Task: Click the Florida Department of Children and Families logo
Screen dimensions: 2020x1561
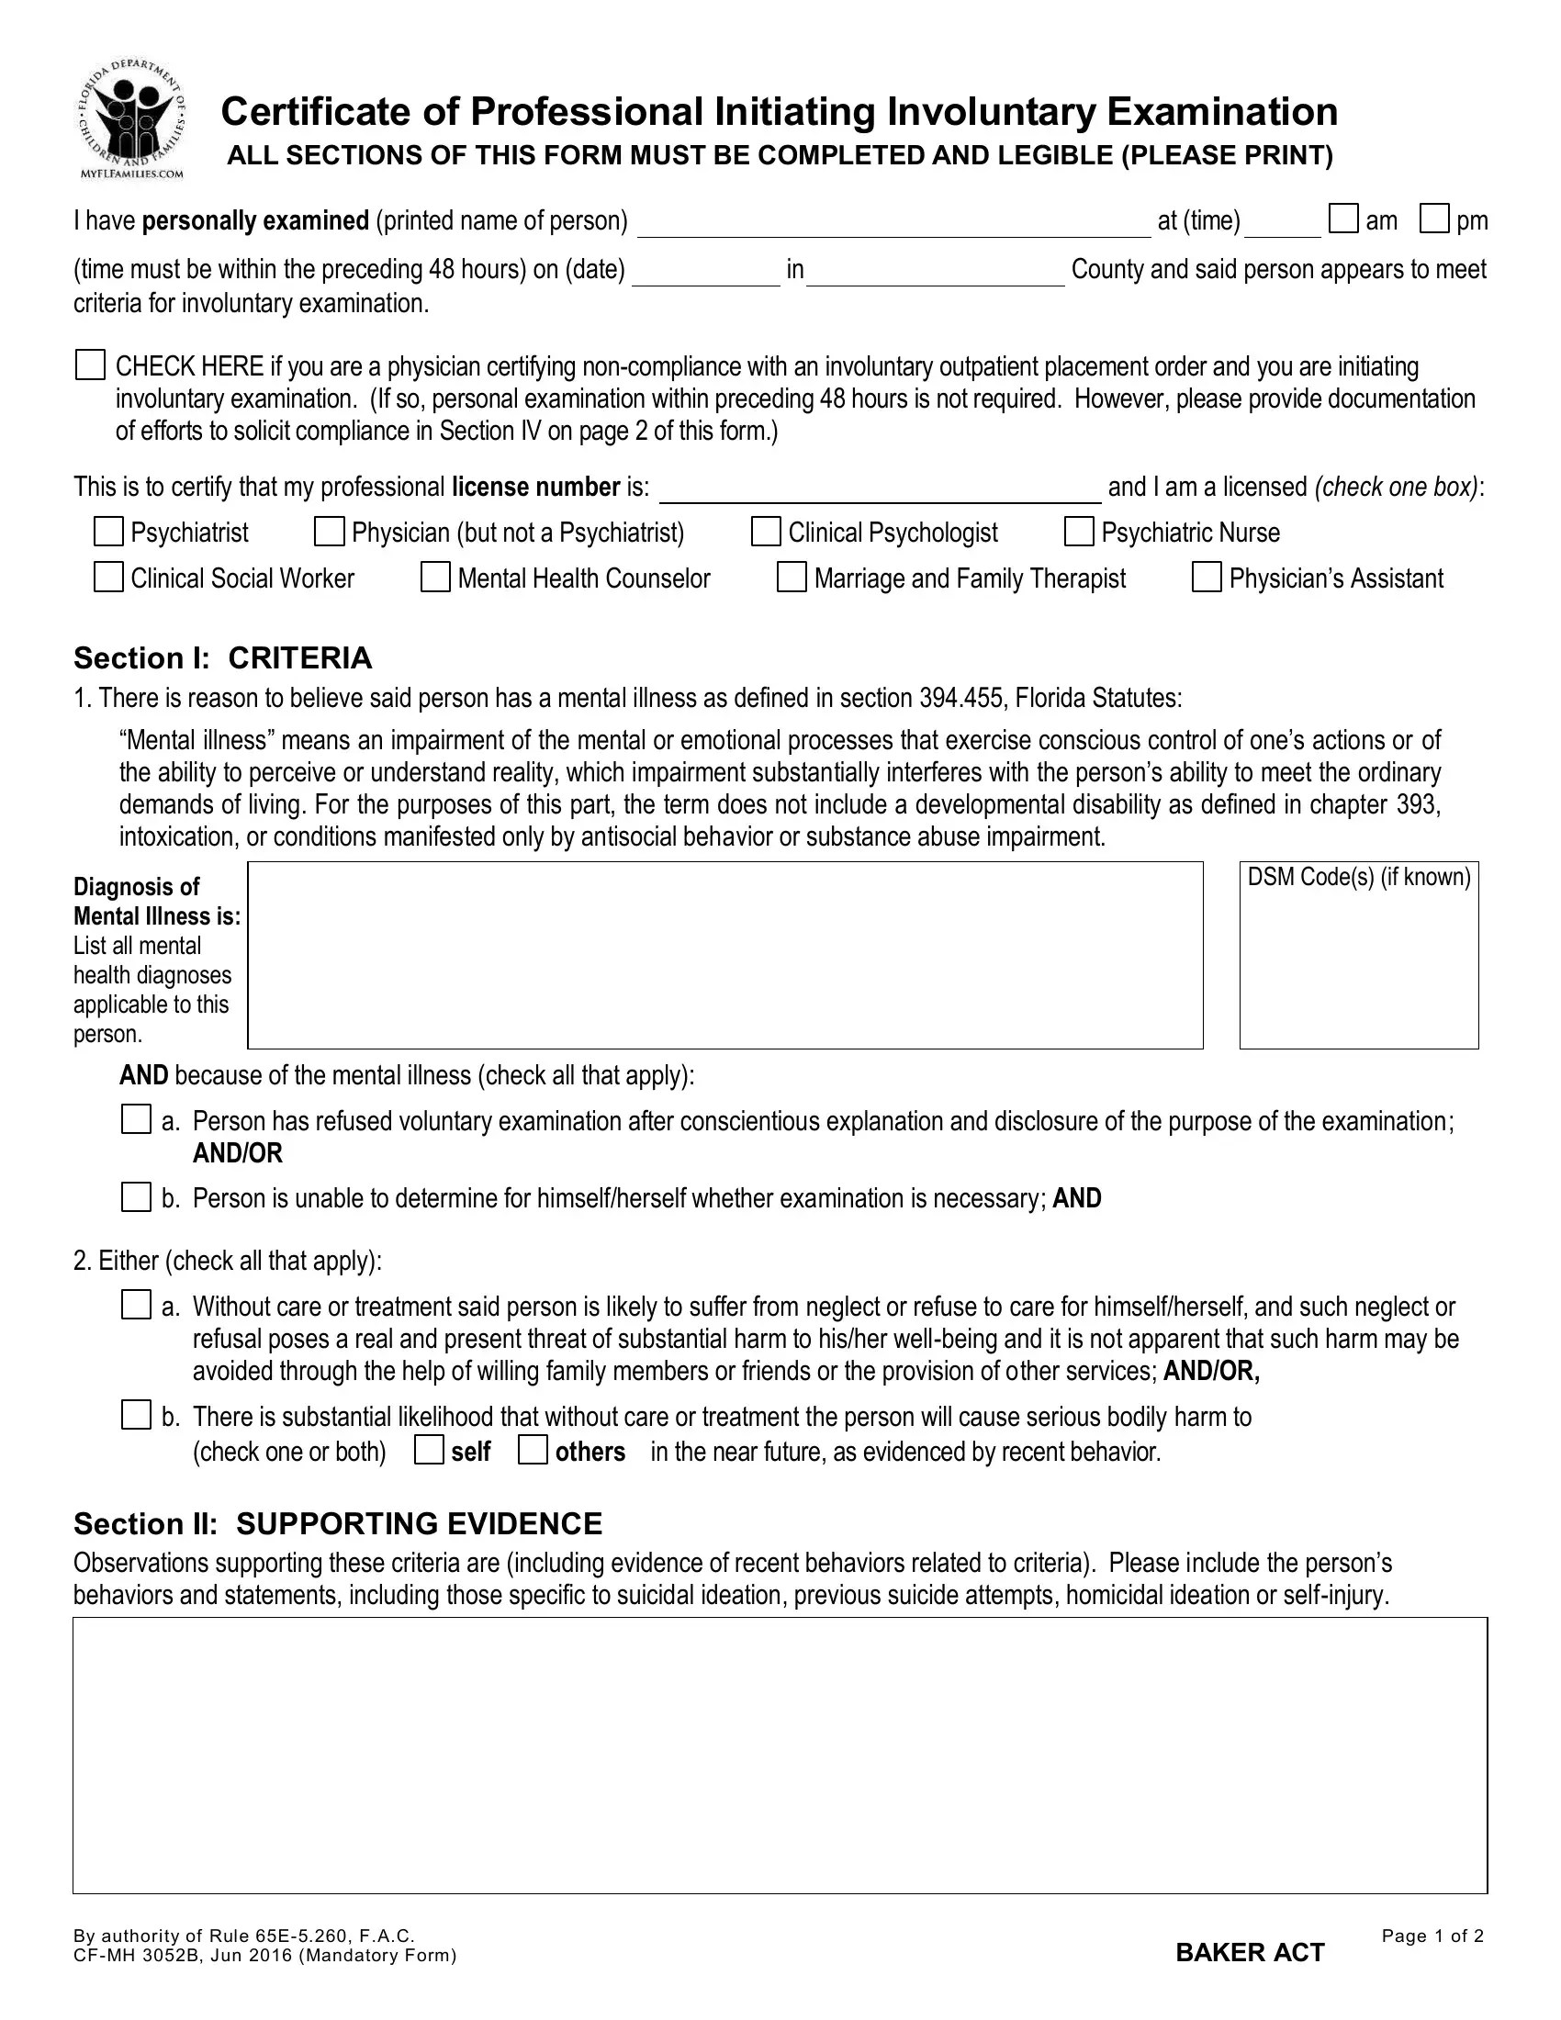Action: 132,119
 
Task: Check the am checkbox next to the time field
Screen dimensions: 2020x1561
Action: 1342,219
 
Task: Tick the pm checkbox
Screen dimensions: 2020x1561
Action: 1434,219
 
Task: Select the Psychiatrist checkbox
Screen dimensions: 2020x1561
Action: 108,532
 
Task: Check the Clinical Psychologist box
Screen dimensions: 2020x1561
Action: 766,532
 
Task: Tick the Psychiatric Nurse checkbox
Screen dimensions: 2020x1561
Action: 1079,532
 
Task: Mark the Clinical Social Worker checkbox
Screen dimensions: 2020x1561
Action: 108,578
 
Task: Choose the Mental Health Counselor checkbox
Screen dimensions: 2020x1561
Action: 434,578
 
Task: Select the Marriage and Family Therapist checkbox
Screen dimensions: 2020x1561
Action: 792,578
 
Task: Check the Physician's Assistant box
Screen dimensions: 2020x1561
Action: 1206,578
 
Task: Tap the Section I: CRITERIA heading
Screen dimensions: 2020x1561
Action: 223,657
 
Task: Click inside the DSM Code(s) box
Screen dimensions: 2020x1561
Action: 1357,971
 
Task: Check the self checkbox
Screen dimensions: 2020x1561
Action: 429,1449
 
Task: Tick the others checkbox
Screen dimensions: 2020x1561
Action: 533,1449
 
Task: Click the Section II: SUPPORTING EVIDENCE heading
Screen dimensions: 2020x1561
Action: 338,1523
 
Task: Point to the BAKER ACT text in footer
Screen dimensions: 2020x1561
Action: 1250,1952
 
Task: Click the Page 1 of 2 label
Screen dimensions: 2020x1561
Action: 1432,1936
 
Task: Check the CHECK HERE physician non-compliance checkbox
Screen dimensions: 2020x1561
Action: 90,365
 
